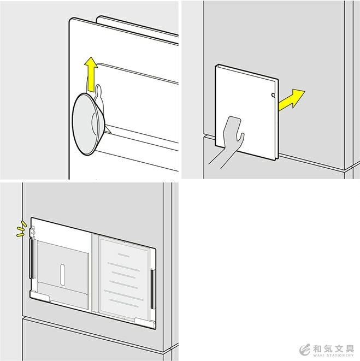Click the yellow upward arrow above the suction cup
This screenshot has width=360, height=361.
click(x=91, y=74)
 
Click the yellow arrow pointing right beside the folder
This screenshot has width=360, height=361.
click(x=291, y=99)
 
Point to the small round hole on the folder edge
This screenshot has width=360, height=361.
click(x=273, y=95)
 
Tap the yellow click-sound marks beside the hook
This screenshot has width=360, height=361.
click(x=21, y=229)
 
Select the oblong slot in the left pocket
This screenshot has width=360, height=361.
click(x=62, y=275)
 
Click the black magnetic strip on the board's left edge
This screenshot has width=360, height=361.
click(x=32, y=259)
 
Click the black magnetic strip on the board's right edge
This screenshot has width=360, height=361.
click(x=152, y=289)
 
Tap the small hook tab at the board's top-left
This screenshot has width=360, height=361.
click(x=32, y=232)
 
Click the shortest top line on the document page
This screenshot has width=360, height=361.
click(x=123, y=255)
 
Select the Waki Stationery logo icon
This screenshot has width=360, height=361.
click(x=305, y=350)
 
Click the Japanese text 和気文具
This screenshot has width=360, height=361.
click(x=333, y=348)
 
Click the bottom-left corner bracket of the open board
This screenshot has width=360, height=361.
click(x=40, y=296)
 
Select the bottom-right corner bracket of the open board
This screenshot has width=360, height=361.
click(x=145, y=323)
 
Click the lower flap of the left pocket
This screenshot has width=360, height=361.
click(x=63, y=295)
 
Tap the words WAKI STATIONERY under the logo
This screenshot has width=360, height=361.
click(x=333, y=355)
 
